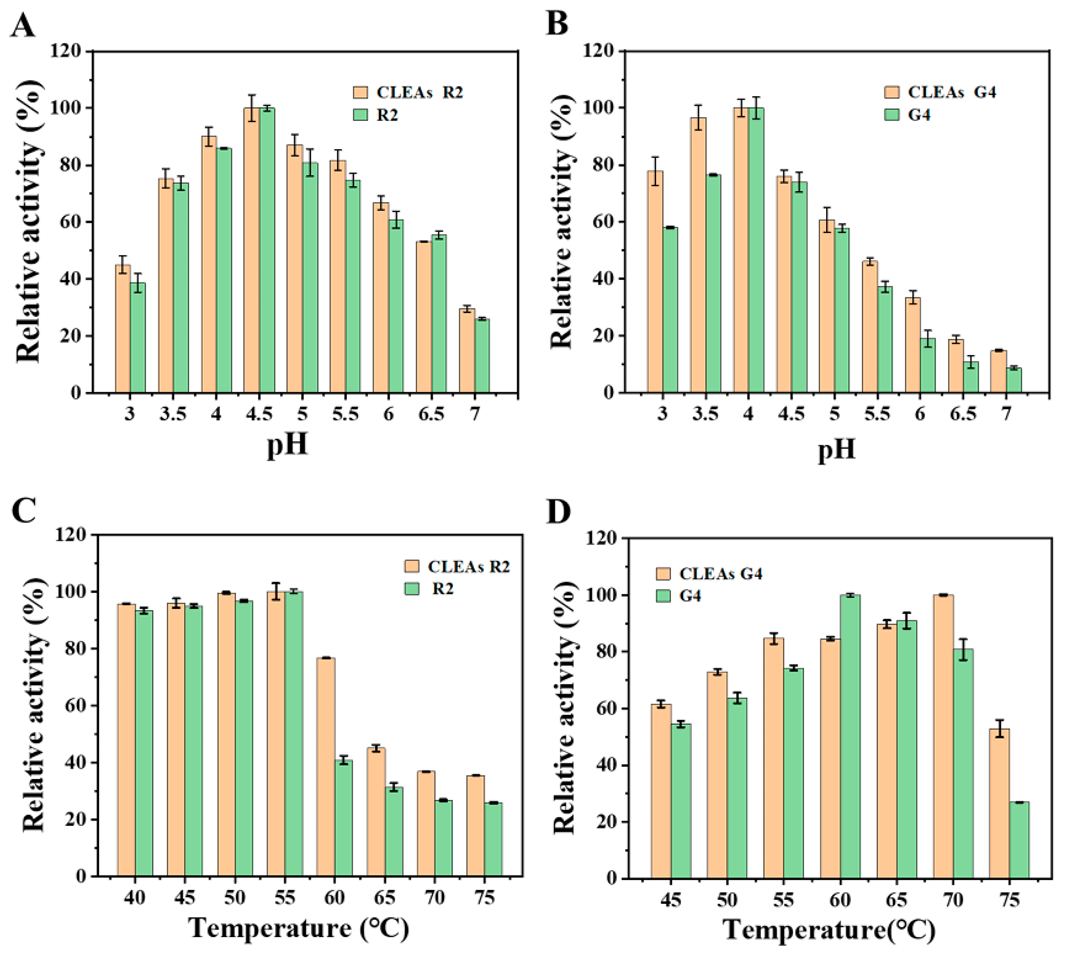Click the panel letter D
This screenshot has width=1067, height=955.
tap(559, 512)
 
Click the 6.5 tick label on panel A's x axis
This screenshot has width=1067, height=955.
tap(431, 414)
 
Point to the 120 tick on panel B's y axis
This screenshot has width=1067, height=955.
tap(601, 51)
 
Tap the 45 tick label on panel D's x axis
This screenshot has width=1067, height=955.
tap(671, 900)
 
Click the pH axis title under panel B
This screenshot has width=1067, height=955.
tap(837, 449)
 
